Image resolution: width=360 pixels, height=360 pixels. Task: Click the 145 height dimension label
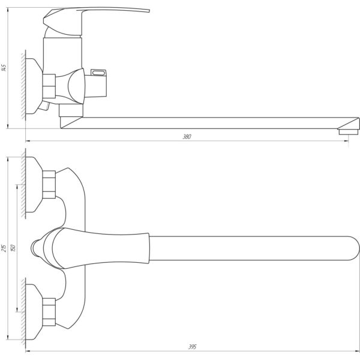4,67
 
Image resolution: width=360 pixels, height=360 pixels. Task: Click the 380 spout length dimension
187,137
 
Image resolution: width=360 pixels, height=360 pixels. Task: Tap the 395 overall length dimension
193,347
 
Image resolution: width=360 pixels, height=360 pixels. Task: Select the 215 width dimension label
4,248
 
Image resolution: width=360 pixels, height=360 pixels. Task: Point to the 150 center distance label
14,248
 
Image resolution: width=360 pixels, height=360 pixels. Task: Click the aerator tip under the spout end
349,131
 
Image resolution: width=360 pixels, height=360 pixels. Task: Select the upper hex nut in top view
49,185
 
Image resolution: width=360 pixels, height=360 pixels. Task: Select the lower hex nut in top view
49,312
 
